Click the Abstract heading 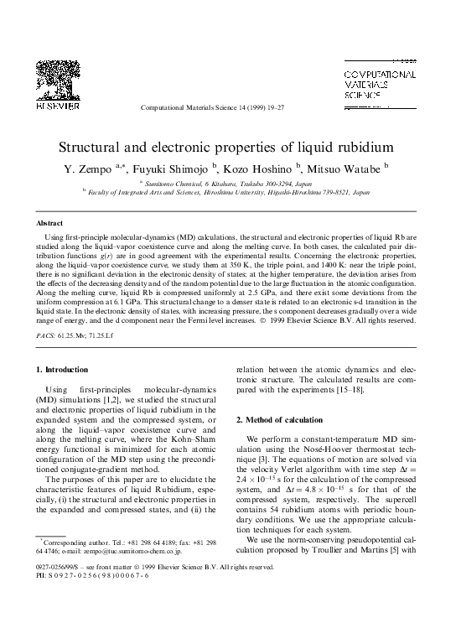49,224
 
